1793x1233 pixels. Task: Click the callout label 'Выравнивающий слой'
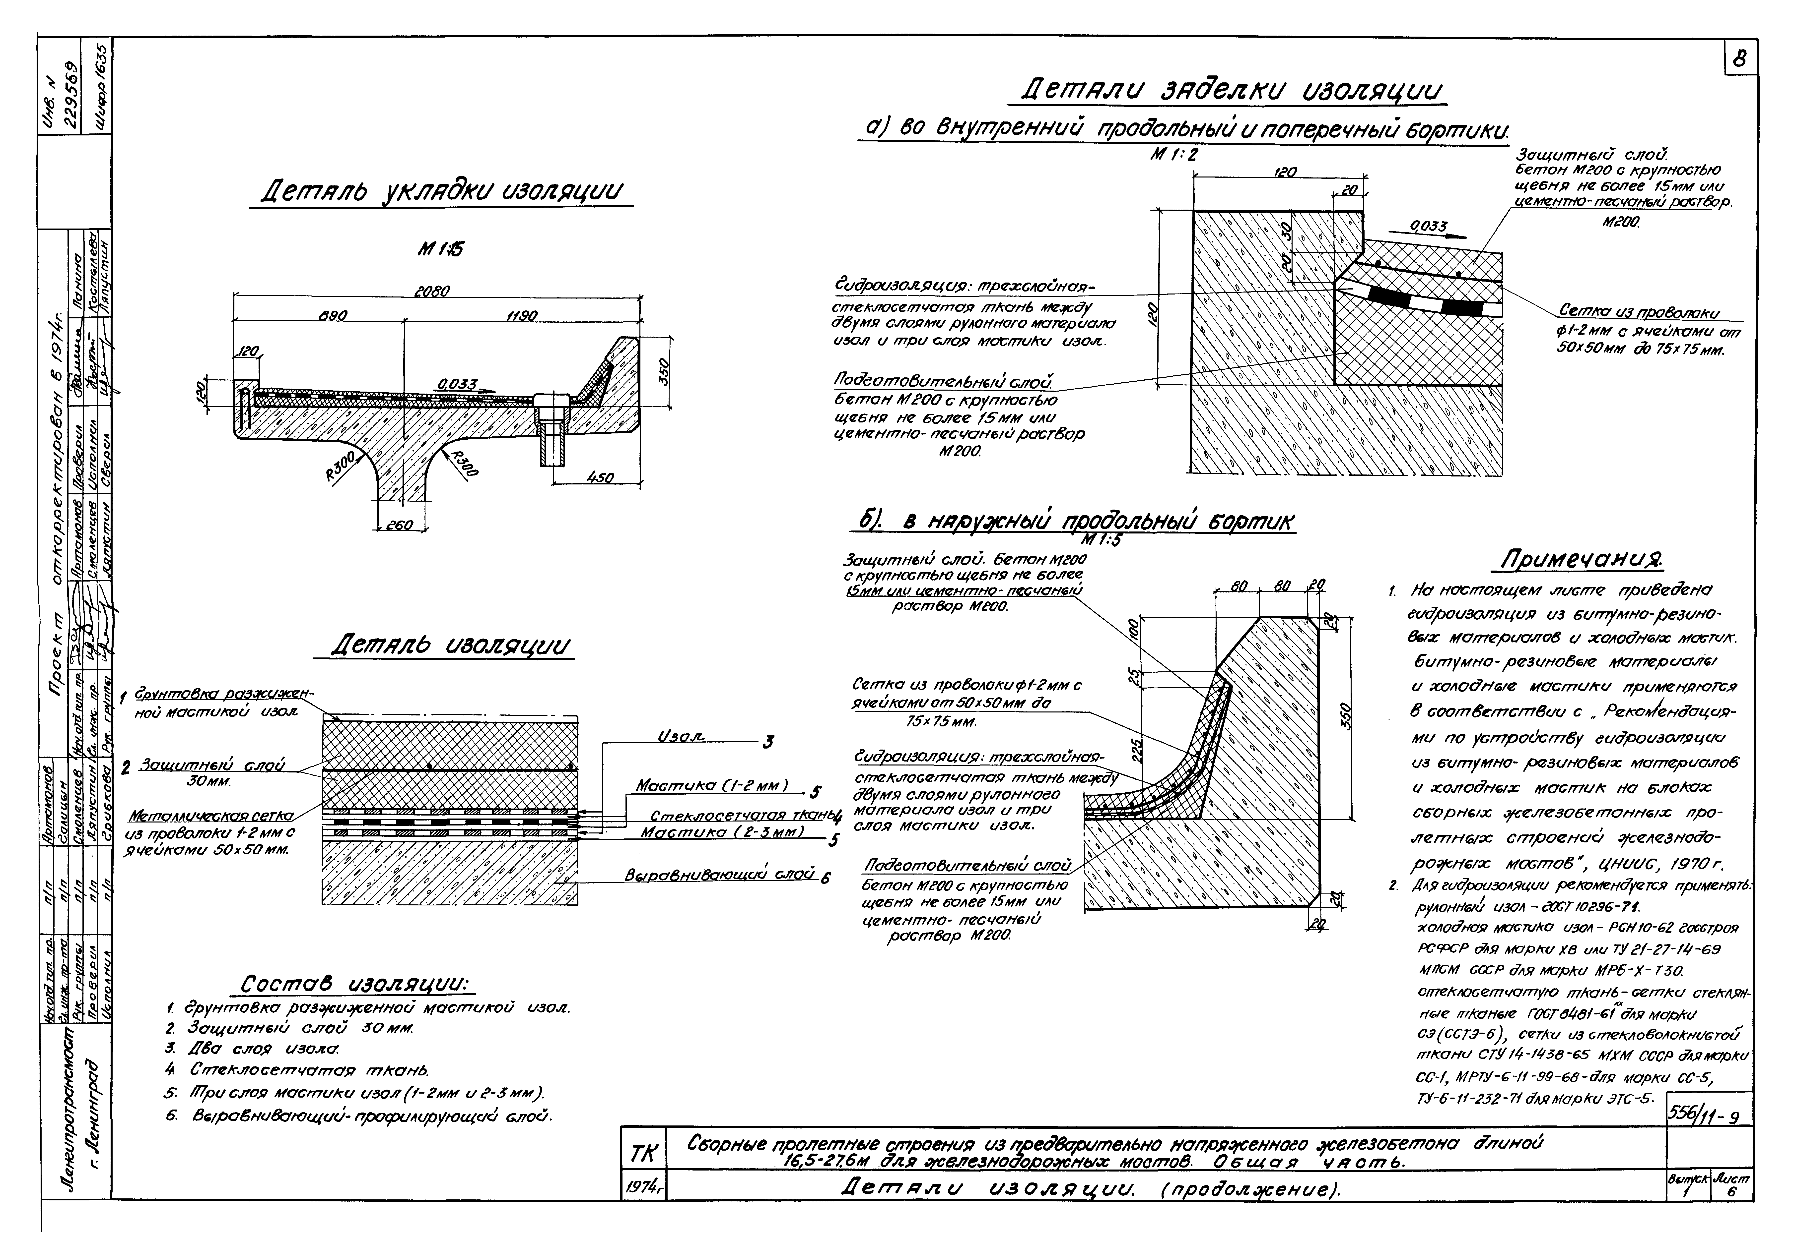[x=719, y=875]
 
